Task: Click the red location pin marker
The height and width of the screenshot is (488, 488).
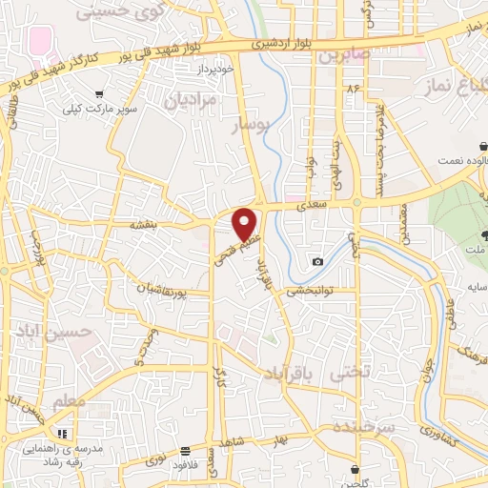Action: [246, 225]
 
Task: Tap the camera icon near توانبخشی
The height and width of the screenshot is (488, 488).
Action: [316, 261]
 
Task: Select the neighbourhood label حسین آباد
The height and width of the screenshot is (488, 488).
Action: [56, 331]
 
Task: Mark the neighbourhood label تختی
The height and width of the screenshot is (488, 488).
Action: [349, 376]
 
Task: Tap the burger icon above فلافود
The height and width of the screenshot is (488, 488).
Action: [184, 452]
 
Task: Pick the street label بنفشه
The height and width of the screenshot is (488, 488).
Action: [146, 227]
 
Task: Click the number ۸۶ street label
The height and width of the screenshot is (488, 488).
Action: [356, 89]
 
